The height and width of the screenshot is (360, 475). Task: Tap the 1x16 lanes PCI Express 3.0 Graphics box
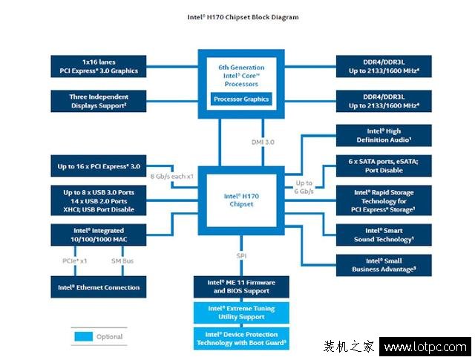click(x=99, y=65)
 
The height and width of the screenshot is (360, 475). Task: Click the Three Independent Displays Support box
click(x=99, y=101)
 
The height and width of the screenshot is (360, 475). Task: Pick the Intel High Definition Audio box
click(x=383, y=135)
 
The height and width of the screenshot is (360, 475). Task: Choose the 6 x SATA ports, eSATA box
click(x=383, y=166)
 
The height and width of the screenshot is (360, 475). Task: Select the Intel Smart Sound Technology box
click(x=383, y=235)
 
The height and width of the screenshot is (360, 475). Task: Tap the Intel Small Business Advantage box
click(x=383, y=265)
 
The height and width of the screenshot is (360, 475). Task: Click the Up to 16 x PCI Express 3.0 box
click(x=99, y=166)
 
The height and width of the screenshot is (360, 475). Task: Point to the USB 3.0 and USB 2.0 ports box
click(x=99, y=200)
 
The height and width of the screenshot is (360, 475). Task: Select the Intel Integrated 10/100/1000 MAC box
click(x=99, y=235)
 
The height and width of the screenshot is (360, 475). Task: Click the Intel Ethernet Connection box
click(x=99, y=287)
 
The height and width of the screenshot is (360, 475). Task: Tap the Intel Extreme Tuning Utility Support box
click(x=241, y=312)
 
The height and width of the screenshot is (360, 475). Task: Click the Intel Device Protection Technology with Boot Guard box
click(x=241, y=338)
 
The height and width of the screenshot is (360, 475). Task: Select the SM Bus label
click(x=122, y=261)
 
